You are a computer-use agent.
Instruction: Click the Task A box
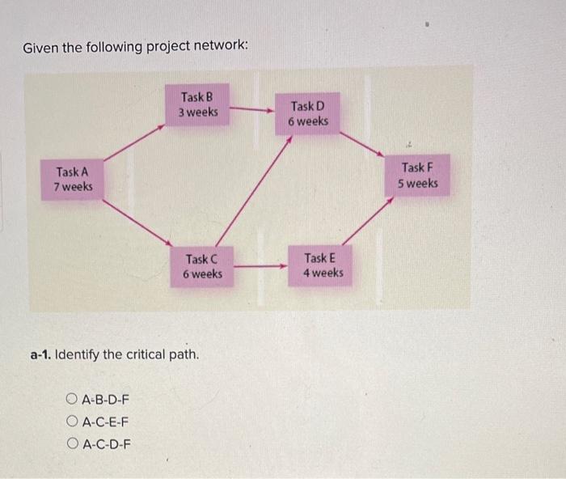click(x=73, y=179)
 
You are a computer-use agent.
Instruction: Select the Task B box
click(x=198, y=104)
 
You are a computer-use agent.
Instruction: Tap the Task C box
click(x=202, y=266)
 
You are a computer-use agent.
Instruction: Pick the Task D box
click(x=308, y=113)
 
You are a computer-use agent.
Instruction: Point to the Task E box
click(x=323, y=265)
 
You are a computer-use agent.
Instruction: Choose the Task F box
click(x=417, y=176)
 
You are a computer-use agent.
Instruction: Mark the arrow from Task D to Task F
click(x=361, y=142)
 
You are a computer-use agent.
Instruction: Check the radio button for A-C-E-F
click(x=73, y=421)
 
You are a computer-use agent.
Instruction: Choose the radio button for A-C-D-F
click(x=73, y=443)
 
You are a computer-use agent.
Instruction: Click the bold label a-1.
click(x=40, y=354)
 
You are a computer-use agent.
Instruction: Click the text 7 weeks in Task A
click(x=73, y=187)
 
